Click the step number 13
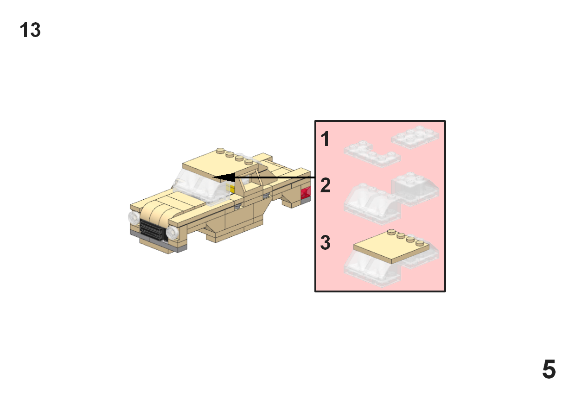pyautogui.click(x=30, y=31)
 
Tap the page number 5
pyautogui.click(x=549, y=370)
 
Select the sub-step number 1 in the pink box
pyautogui.click(x=326, y=139)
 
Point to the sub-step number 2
pyautogui.click(x=326, y=186)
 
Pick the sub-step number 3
pyautogui.click(x=326, y=243)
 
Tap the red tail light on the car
pyautogui.click(x=306, y=193)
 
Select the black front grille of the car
pyautogui.click(x=152, y=230)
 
